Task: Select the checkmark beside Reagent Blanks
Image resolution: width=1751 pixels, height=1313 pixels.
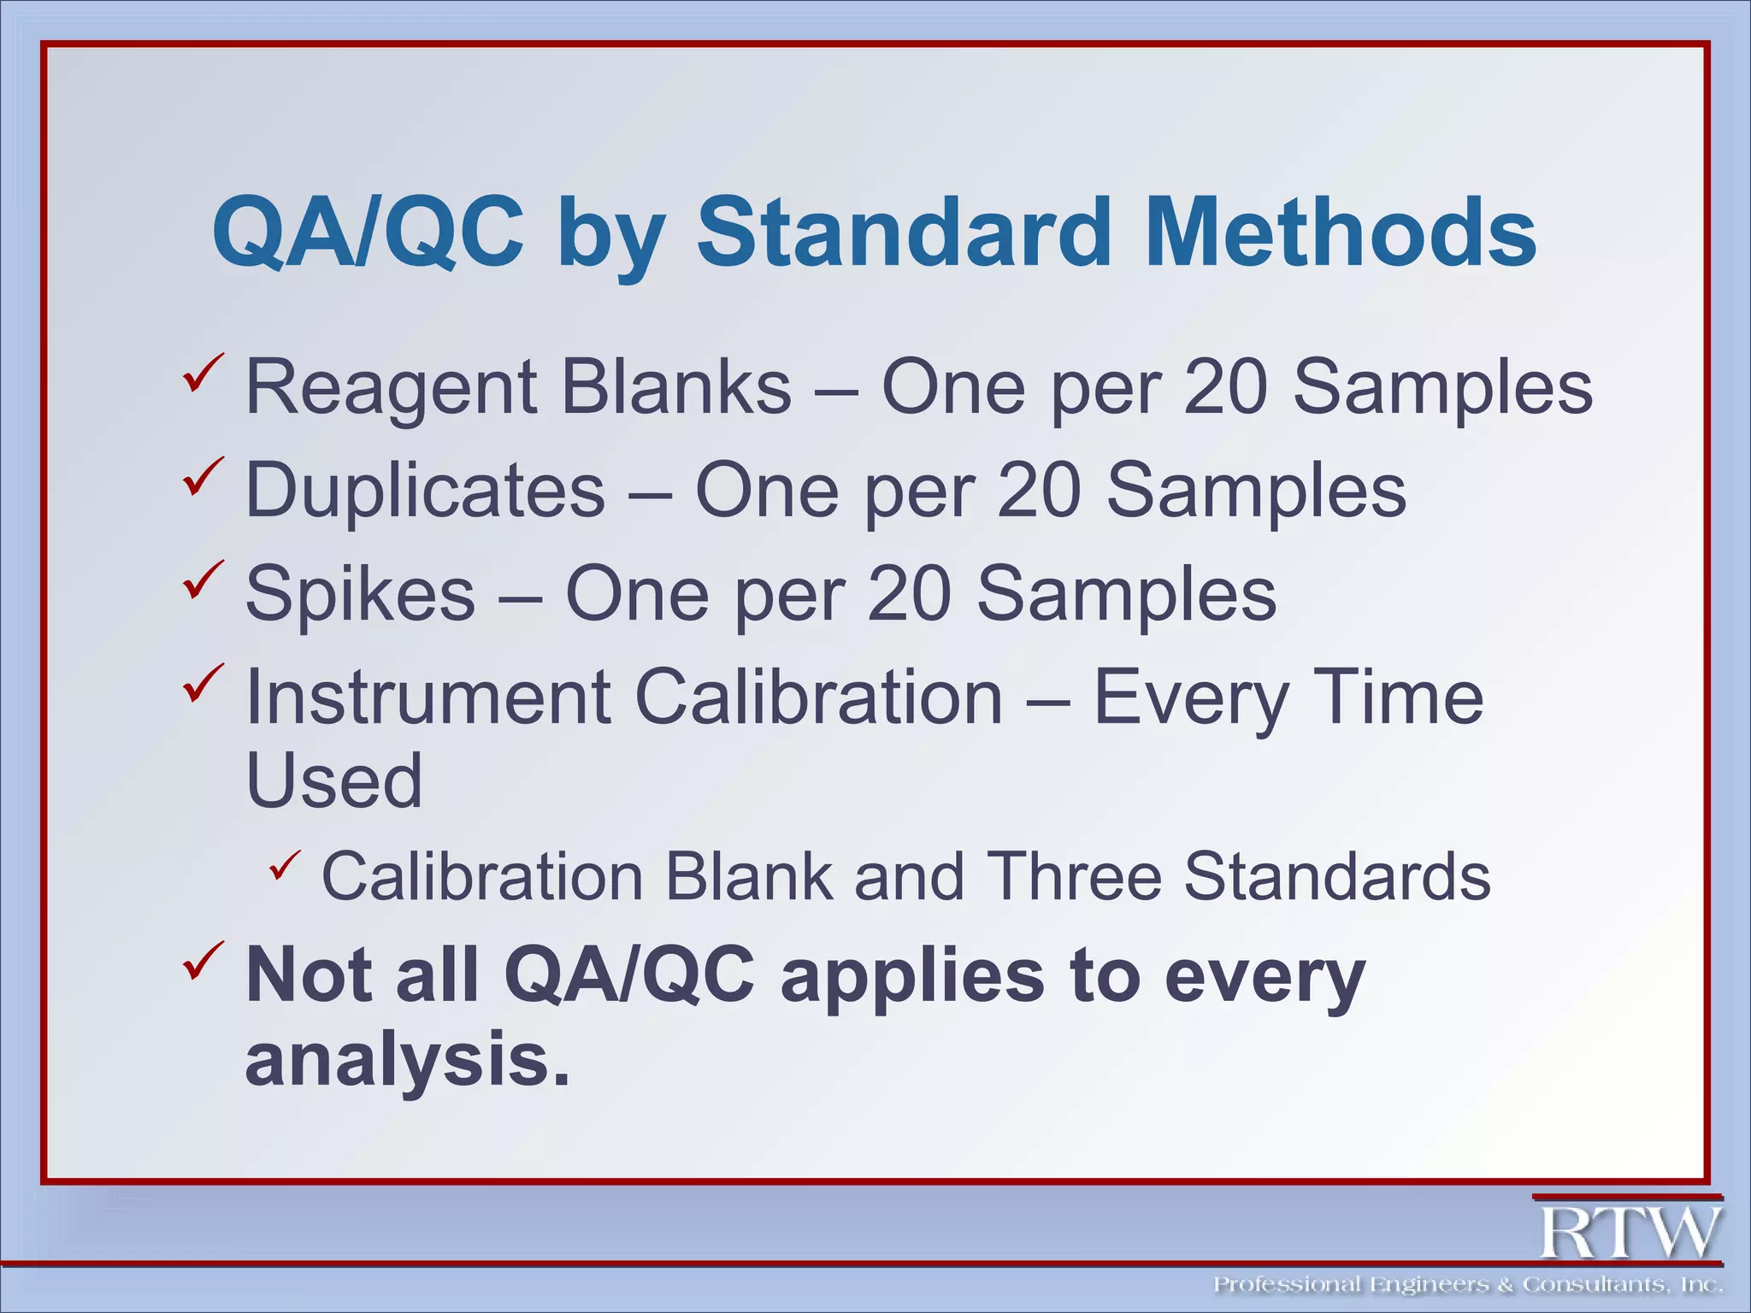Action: (x=203, y=373)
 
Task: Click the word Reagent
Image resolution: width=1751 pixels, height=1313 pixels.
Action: (x=390, y=389)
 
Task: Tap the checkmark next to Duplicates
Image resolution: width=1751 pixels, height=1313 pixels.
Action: (x=203, y=476)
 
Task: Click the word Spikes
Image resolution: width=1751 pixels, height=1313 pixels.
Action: (x=360, y=593)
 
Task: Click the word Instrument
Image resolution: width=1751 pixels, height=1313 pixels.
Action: (x=427, y=698)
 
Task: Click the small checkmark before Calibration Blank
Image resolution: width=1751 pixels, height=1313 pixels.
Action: (x=285, y=867)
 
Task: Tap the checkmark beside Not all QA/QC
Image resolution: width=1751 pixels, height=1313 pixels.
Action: (x=203, y=959)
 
